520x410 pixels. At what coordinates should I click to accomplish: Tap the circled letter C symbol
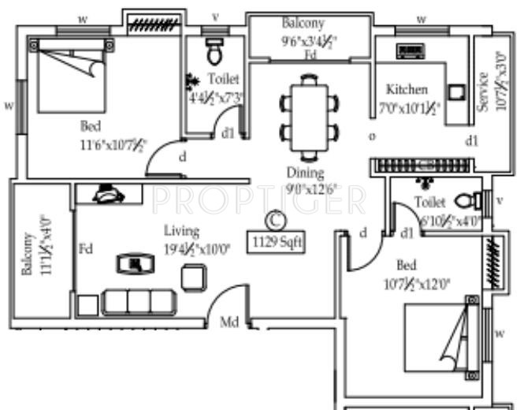[274, 218]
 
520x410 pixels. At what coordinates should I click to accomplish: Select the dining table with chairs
[310, 117]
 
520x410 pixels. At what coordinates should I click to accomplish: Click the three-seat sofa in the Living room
[139, 303]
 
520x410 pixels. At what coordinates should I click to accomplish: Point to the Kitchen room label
[407, 89]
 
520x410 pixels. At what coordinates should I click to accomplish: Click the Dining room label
[305, 173]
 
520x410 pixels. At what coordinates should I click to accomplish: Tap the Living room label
[181, 231]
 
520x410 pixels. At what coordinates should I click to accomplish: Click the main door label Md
[228, 322]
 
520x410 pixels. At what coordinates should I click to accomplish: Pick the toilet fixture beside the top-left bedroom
[214, 51]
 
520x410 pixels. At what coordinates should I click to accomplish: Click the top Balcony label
[303, 24]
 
